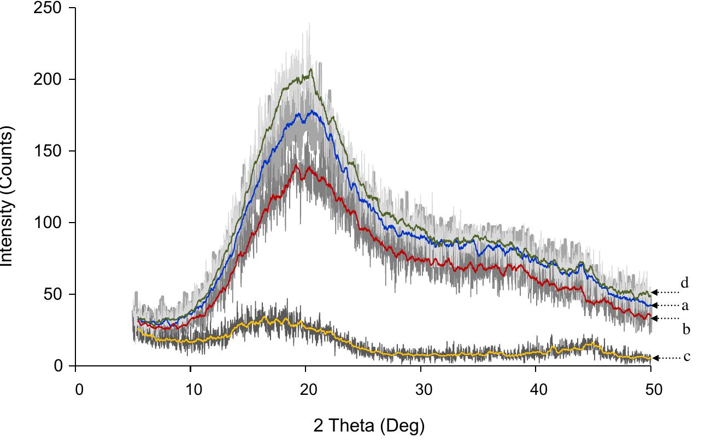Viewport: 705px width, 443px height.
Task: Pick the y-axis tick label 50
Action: pos(53,294)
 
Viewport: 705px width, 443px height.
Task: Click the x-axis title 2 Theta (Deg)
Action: pos(369,425)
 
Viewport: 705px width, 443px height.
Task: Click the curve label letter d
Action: pos(684,283)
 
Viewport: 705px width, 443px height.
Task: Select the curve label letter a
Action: pos(684,306)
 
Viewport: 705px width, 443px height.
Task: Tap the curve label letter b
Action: pos(686,329)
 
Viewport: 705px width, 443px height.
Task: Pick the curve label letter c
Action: pos(687,357)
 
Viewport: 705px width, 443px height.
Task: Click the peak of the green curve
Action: pos(311,70)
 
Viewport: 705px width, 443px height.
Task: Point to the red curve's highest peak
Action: pos(296,165)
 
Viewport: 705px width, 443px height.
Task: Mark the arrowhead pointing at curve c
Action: pos(655,358)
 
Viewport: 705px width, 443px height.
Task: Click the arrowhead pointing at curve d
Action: pos(655,292)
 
